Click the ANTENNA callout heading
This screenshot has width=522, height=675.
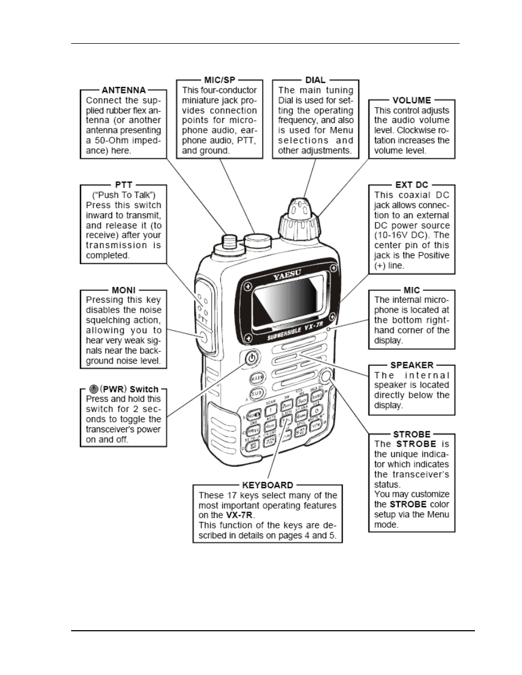point(124,90)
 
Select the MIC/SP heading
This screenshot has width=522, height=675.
point(219,80)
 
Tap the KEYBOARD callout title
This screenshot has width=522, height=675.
point(268,485)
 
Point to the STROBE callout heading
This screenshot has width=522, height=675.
point(411,435)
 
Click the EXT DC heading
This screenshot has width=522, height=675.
point(411,185)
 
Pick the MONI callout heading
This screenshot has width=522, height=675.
point(124,290)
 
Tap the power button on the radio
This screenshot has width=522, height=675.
point(250,359)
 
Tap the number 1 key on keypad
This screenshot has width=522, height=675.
point(271,410)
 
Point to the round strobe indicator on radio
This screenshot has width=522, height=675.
point(326,376)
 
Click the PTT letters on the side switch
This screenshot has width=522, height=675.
point(201,316)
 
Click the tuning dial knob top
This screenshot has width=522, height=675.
point(299,208)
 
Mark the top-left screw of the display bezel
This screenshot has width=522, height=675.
point(247,287)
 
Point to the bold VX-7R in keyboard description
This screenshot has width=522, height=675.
point(240,515)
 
